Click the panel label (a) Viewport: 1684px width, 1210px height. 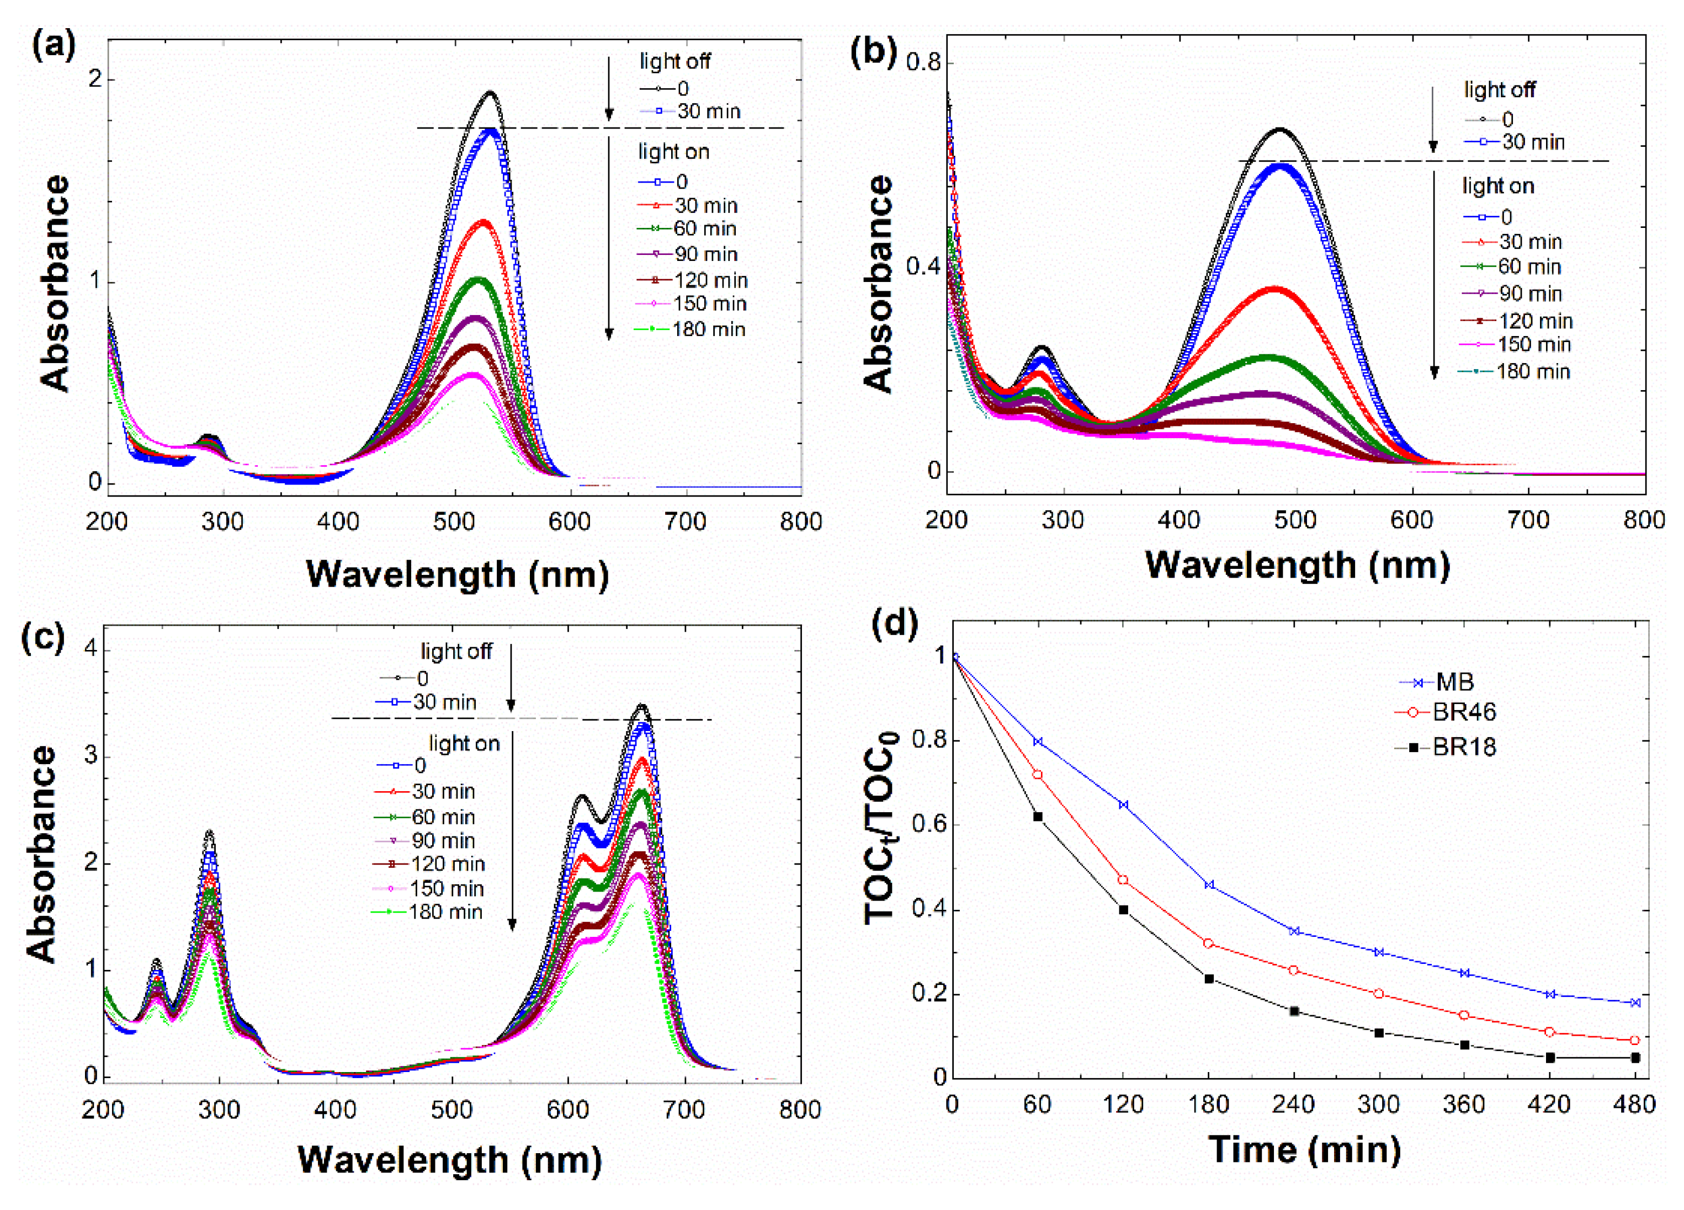click(54, 46)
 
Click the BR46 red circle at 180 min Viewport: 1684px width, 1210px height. click(1209, 944)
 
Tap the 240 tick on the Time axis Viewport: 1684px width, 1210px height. click(1293, 1105)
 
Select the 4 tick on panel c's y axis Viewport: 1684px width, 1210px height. click(91, 649)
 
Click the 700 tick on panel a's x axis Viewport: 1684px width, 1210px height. click(684, 522)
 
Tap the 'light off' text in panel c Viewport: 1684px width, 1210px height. click(456, 651)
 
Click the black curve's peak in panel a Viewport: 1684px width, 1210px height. click(490, 92)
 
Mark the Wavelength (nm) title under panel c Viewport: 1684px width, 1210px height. click(449, 1159)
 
